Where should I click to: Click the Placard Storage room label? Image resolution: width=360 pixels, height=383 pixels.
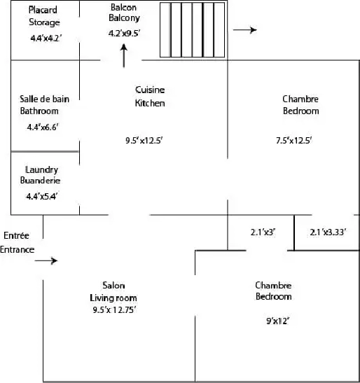coord(44,16)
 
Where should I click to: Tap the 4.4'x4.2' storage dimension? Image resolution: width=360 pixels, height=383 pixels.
coord(46,39)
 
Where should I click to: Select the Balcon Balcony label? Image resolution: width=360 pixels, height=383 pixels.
coord(124,13)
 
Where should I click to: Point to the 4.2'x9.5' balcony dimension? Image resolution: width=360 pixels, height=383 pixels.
coord(124,33)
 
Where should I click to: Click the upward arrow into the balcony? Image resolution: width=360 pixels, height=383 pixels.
coord(124,55)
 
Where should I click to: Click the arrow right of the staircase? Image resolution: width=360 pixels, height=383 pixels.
coord(245,30)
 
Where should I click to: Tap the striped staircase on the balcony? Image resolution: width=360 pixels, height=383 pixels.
coord(193,30)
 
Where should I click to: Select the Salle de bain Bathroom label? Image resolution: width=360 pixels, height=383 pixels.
coord(45,105)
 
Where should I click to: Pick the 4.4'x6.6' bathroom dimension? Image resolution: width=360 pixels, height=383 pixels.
coord(43,127)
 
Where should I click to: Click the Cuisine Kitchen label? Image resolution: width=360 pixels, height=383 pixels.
coord(150,97)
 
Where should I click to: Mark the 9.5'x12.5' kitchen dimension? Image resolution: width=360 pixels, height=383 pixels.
coord(144,141)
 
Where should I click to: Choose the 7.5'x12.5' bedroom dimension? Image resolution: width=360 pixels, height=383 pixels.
coord(294,141)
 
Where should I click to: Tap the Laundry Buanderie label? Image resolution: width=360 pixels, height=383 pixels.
coord(41,175)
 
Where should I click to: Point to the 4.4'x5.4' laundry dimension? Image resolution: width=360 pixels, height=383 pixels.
coord(42,196)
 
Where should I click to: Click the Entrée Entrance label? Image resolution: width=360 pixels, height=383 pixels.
coord(17,242)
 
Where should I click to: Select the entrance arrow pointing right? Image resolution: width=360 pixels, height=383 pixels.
coord(46,260)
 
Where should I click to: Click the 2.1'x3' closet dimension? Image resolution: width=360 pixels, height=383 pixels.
coord(263,232)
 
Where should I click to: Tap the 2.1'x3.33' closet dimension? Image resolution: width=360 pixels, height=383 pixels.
coord(328,232)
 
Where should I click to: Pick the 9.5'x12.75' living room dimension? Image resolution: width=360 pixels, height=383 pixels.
coord(114,310)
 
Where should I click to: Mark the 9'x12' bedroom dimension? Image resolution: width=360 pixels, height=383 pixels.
coord(278,321)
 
